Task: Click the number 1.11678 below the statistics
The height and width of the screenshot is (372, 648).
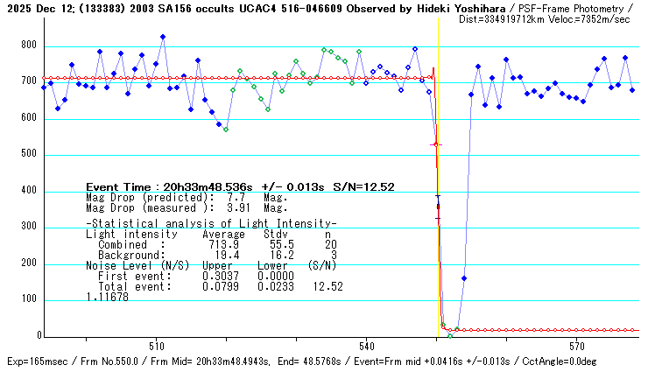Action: tap(107, 297)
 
